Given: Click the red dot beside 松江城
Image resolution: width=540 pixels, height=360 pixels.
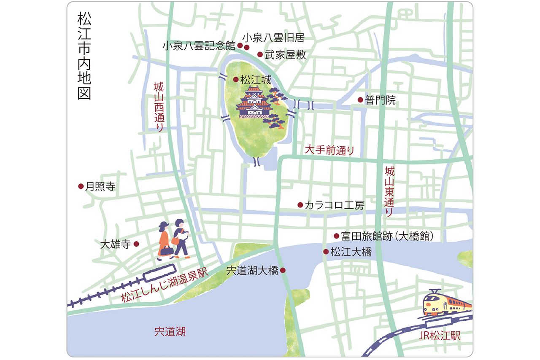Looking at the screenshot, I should (x=235, y=79).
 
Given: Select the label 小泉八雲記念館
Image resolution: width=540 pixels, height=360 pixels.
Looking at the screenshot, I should (x=199, y=46).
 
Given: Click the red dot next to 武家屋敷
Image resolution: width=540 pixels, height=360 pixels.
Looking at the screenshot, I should (x=260, y=54).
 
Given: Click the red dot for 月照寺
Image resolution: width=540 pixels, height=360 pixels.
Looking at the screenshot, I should (x=81, y=186).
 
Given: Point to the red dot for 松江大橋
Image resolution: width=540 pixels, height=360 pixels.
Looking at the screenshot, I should (x=326, y=252).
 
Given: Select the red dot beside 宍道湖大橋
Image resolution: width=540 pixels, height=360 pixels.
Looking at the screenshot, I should (x=283, y=270).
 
